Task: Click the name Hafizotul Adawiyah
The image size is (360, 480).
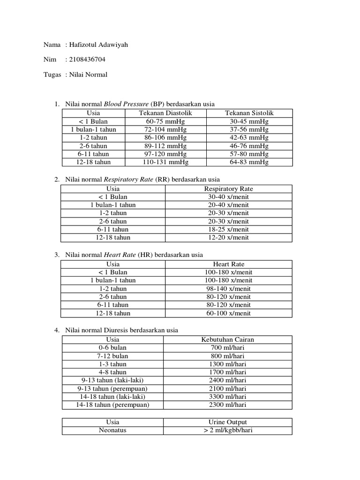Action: pyautogui.click(x=98, y=45)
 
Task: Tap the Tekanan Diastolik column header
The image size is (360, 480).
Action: pyautogui.click(x=165, y=113)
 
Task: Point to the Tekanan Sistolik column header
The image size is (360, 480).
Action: pyautogui.click(x=249, y=113)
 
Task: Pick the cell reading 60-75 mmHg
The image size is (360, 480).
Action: pyautogui.click(x=165, y=121)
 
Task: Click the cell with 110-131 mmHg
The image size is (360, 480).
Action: pyautogui.click(x=165, y=162)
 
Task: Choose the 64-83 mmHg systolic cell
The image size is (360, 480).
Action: pyautogui.click(x=249, y=162)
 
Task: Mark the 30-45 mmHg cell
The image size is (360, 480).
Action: pyautogui.click(x=249, y=121)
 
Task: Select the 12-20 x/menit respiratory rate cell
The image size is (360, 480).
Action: pyautogui.click(x=228, y=238)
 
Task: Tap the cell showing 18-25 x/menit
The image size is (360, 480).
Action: pyautogui.click(x=228, y=229)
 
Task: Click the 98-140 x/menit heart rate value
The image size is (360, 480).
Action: pyautogui.click(x=228, y=289)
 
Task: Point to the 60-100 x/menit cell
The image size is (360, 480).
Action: pyautogui.click(x=228, y=313)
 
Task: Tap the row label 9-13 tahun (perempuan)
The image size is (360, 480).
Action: pyautogui.click(x=112, y=389)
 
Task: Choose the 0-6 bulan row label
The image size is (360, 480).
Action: pyautogui.click(x=112, y=348)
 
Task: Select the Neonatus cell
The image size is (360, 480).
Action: pyautogui.click(x=112, y=430)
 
